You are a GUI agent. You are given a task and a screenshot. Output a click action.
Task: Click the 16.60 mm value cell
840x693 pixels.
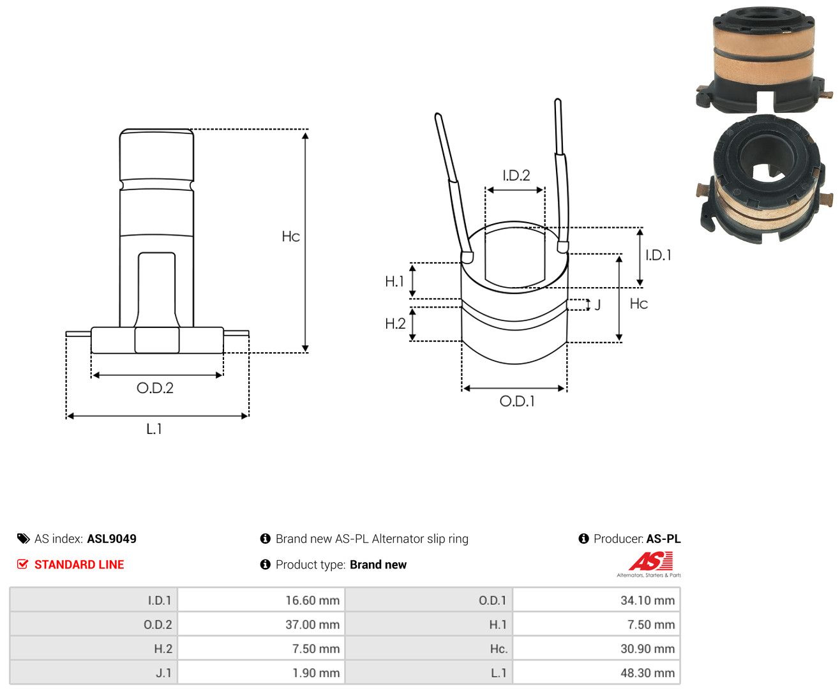coord(261,600)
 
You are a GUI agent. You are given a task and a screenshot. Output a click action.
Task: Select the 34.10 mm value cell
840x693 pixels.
coord(596,600)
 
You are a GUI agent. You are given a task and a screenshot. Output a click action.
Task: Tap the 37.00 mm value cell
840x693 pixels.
coord(261,624)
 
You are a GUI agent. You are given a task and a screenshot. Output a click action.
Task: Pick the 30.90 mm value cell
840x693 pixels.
coord(596,648)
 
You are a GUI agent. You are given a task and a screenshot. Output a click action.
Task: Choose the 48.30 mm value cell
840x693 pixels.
coord(596,672)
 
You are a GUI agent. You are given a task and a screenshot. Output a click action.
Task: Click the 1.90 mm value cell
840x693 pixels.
coord(261,672)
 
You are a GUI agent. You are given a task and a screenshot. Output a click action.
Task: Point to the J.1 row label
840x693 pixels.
coord(163,673)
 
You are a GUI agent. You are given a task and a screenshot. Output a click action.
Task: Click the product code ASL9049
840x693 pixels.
coord(112,538)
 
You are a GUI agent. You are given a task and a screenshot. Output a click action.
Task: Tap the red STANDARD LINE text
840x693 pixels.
coord(79,564)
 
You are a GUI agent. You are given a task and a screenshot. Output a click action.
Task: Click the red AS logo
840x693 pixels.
coord(650,561)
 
